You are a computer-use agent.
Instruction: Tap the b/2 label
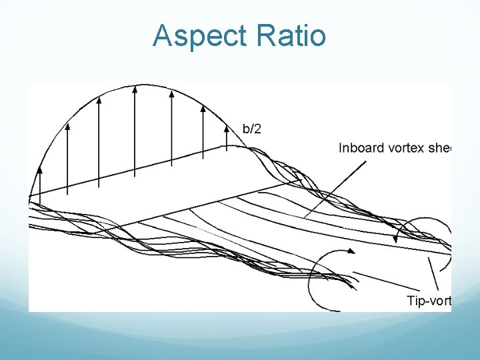click(x=251, y=129)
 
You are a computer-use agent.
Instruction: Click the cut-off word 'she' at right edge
click(x=442, y=147)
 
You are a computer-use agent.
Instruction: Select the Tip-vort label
click(x=429, y=301)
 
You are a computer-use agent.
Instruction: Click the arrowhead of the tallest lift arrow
click(x=135, y=89)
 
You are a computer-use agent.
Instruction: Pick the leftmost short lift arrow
click(x=39, y=180)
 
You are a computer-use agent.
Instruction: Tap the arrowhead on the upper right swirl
click(x=396, y=238)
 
